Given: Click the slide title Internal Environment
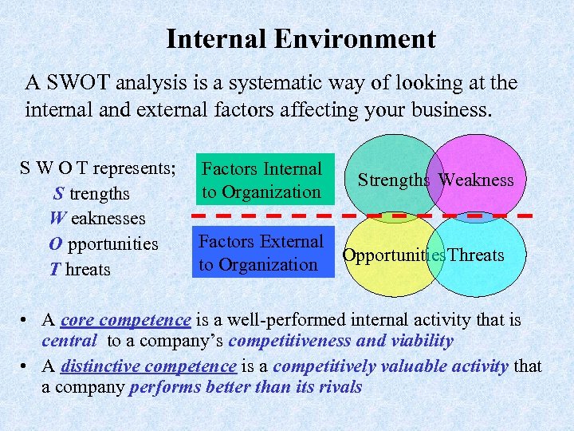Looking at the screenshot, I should coord(301,39).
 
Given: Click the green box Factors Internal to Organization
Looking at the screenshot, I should coord(261,180).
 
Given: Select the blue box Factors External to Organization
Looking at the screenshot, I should coord(261,252).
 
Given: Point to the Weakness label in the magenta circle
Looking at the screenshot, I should coord(476,180).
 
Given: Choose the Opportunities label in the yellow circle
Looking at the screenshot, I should coord(392,255).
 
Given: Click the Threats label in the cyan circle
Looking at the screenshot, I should coord(476,255).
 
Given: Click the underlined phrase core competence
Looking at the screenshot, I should coord(125,320).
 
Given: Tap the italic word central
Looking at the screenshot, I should coord(70,342).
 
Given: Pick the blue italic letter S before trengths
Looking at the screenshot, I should coord(59,194).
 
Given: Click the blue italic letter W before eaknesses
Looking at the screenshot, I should coord(57,219).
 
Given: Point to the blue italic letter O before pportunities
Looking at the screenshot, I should coord(57,244).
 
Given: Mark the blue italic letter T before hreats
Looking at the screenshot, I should coord(55,270).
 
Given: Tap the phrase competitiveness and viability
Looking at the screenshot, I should coord(340,342).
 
